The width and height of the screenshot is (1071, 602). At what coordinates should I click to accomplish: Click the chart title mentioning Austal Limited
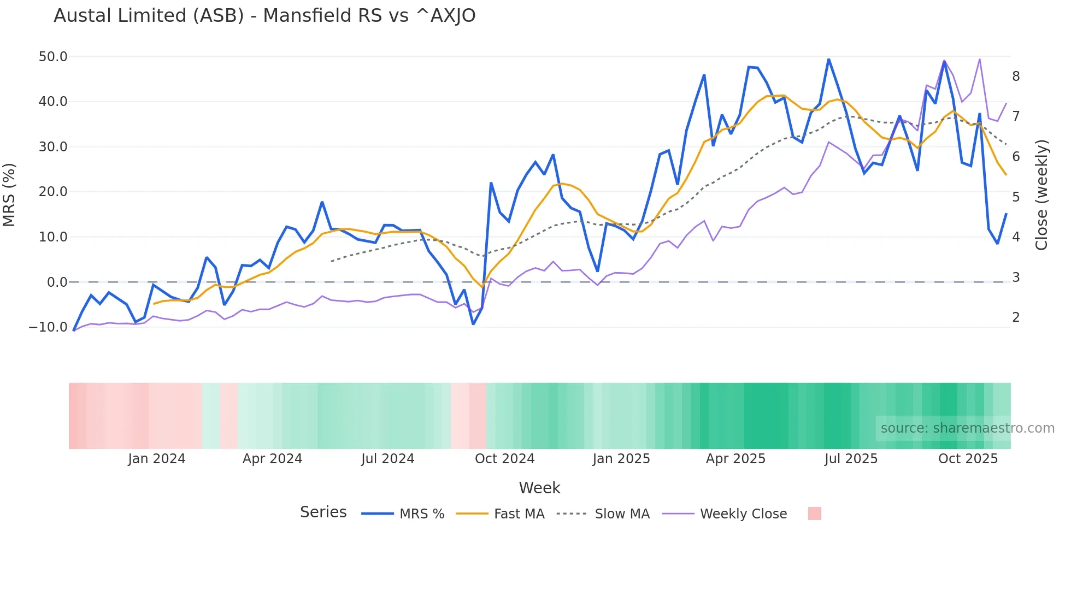coord(264,16)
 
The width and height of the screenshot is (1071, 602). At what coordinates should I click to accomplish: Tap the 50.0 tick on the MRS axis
coord(53,57)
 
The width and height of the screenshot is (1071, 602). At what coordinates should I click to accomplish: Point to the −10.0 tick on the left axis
coord(48,327)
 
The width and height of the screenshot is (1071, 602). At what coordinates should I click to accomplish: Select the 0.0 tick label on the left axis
coord(57,282)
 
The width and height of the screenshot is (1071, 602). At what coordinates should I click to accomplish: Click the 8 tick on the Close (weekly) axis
coord(1016,76)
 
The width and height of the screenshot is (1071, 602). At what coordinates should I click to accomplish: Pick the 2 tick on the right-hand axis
coord(1016,317)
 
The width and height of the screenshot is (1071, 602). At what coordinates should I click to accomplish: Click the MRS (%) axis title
coord(9,195)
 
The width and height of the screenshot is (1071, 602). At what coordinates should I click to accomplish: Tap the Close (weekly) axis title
coord(1041,195)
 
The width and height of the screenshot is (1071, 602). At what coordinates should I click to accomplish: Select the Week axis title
coord(539,488)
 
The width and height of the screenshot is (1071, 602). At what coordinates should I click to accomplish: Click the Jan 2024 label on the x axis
coord(157,459)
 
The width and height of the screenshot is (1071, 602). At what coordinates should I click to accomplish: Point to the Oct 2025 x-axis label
coord(968,459)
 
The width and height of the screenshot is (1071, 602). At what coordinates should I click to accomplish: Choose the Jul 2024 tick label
coord(387,459)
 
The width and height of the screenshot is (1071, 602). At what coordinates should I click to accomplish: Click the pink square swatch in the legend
coord(814,514)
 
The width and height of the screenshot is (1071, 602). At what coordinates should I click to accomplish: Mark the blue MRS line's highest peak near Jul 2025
coord(828,59)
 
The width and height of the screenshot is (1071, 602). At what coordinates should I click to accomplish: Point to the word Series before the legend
coord(323,512)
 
